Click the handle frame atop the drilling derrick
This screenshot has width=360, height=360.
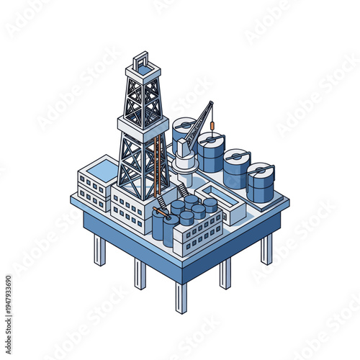coord(141,58)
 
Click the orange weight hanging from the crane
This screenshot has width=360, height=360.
coord(212,128)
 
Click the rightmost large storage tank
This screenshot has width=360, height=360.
coord(261,183)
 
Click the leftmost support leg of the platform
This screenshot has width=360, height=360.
coord(99,249)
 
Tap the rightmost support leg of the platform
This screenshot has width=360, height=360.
coord(266,248)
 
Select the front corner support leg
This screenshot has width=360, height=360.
coord(181,297)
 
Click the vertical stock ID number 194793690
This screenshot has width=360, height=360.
coord(9,295)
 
